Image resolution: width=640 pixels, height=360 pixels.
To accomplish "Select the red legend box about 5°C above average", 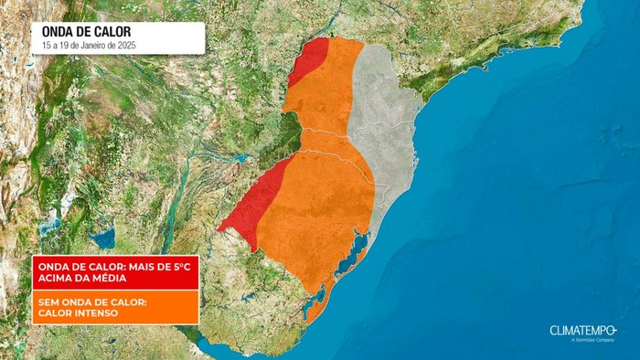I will click(115, 272).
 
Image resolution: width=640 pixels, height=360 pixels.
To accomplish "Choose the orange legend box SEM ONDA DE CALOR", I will click(115, 308).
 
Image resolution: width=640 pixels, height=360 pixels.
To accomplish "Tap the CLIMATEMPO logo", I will click(583, 330).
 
